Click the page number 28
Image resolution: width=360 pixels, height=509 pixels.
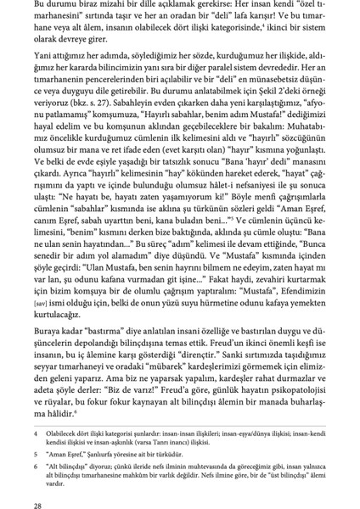pyautogui.click(x=28, y=495)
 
